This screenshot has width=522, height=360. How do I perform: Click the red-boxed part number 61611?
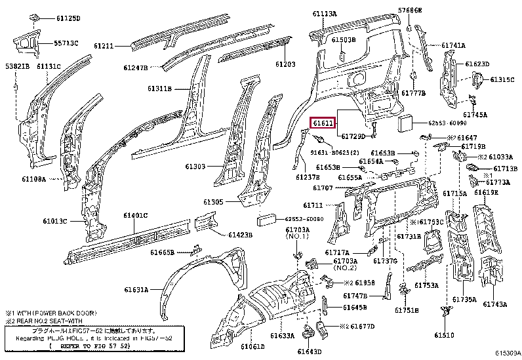323,123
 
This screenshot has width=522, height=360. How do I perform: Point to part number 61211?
104,46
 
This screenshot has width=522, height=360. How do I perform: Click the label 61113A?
324,14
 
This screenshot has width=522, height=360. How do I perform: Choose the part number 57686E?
411,10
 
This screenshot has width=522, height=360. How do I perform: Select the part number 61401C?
136,215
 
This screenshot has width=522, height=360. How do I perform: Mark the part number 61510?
444,335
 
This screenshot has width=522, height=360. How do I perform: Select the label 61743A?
496,304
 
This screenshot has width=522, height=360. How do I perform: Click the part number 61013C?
56,221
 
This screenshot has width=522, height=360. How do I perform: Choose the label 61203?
285,64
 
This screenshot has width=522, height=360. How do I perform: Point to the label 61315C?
502,79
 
